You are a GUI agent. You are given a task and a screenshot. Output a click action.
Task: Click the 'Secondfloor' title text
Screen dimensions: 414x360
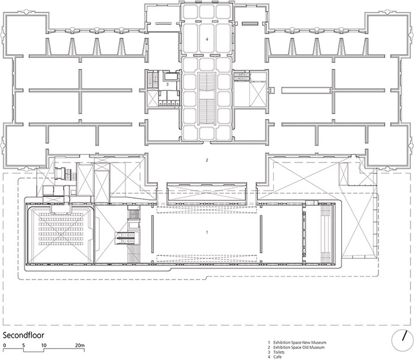click(23, 335)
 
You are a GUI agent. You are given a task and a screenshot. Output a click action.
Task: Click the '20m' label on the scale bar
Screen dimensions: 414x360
click(80, 345)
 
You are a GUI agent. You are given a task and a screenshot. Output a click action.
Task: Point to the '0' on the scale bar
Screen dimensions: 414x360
click(5, 345)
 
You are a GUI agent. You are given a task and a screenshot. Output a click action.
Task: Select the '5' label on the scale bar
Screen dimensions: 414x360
click(24, 345)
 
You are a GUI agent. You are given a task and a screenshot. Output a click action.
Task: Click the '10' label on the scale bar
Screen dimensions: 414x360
click(44, 345)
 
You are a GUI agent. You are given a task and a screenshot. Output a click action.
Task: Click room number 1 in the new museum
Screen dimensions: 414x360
click(207, 232)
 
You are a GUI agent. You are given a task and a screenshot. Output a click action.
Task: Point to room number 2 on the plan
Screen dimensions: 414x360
click(207, 160)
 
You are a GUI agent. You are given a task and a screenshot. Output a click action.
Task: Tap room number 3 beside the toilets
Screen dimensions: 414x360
click(167, 85)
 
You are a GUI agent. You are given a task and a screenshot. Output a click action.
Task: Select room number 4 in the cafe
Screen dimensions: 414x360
click(207, 40)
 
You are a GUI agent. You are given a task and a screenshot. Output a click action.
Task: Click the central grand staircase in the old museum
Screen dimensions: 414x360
click(207, 99)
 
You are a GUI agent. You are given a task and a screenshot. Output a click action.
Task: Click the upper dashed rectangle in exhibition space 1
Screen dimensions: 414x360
click(207, 210)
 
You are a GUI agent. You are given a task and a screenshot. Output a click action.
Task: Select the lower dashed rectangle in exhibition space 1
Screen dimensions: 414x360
click(207, 258)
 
